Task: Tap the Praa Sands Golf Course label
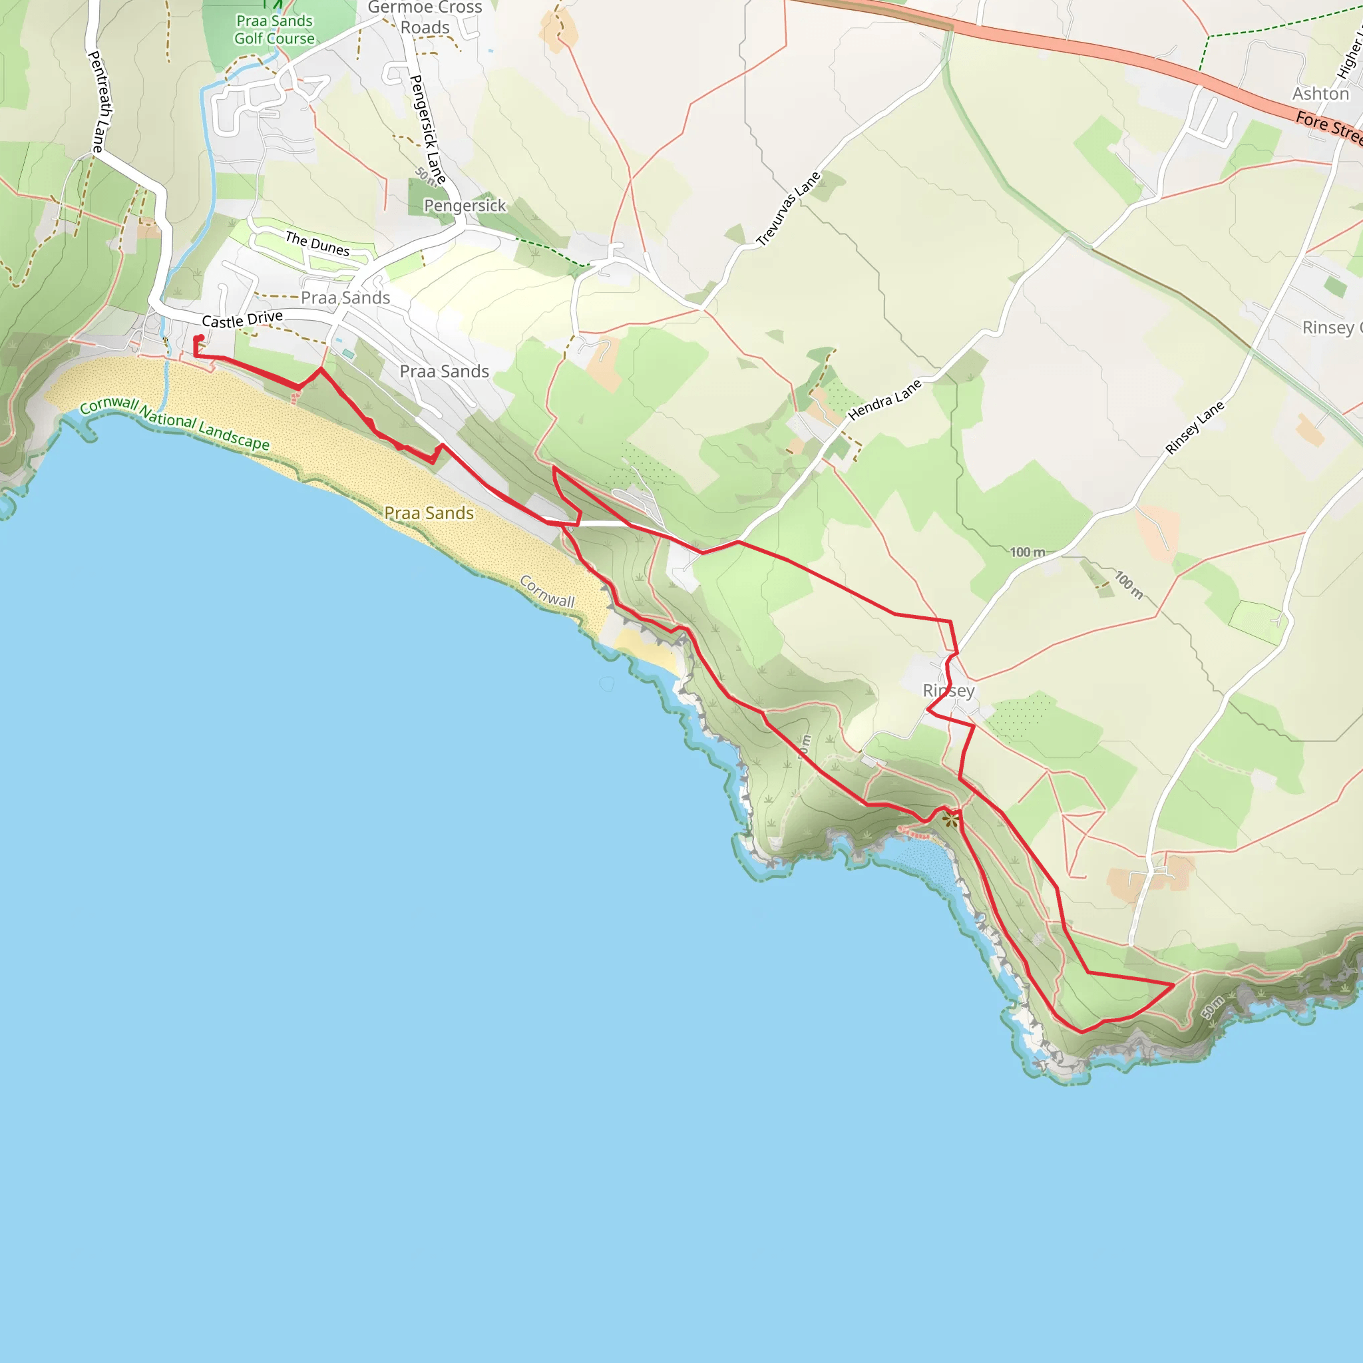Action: point(274,30)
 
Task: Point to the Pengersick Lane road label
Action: point(427,130)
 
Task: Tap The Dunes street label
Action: point(317,244)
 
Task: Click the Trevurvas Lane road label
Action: point(788,209)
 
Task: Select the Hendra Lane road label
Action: point(884,400)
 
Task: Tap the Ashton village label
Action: point(1320,94)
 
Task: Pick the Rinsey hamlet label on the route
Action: point(948,690)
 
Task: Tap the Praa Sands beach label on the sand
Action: point(429,513)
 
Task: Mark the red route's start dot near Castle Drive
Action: point(201,337)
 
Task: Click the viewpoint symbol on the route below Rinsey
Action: point(951,819)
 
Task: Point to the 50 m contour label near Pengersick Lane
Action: point(425,175)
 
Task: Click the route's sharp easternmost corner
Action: point(1174,984)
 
